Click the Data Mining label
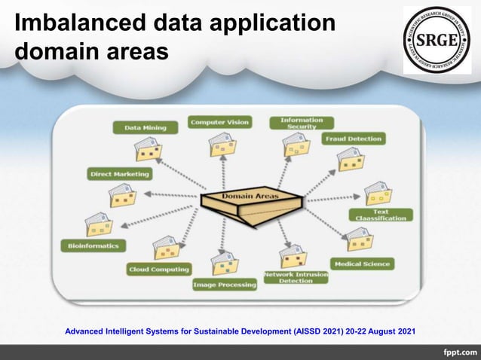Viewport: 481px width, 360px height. point(146,128)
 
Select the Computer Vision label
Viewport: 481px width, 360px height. point(219,122)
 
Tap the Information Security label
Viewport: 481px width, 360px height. point(302,123)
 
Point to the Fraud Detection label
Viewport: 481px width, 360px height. point(354,139)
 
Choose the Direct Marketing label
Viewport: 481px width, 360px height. point(119,174)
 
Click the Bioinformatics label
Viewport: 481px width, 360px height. point(93,246)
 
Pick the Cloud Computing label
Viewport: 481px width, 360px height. point(158,269)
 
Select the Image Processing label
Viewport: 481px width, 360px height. point(224,285)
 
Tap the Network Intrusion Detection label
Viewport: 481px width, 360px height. point(296,278)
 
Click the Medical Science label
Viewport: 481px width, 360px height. point(362,264)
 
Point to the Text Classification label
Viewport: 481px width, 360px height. point(381,215)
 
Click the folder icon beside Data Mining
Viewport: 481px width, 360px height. point(147,149)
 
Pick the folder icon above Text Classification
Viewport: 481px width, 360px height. point(376,193)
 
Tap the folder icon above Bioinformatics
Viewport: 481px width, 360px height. point(97,224)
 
